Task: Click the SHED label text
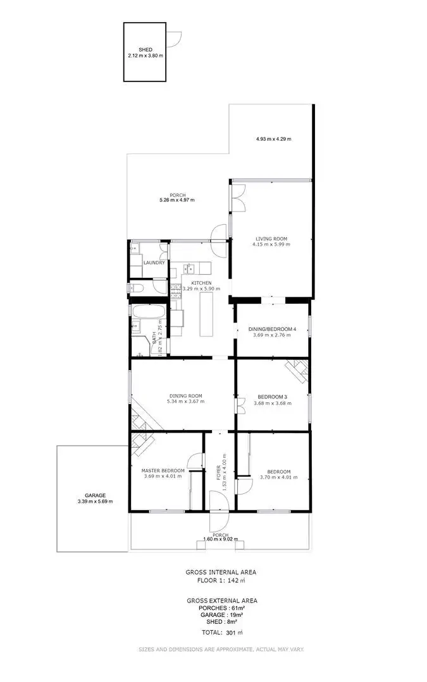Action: click(x=145, y=49)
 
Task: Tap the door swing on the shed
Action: click(x=177, y=39)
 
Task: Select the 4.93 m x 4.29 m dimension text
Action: click(x=274, y=139)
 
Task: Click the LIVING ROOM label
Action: click(x=271, y=239)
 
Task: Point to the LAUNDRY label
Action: click(x=154, y=263)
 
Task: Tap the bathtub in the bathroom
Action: click(x=148, y=311)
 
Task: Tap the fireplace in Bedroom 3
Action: click(x=297, y=370)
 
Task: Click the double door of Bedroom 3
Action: click(x=241, y=404)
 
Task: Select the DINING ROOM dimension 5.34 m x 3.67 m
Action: click(x=185, y=402)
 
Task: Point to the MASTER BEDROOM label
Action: click(x=163, y=470)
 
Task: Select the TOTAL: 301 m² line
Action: click(x=221, y=632)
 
